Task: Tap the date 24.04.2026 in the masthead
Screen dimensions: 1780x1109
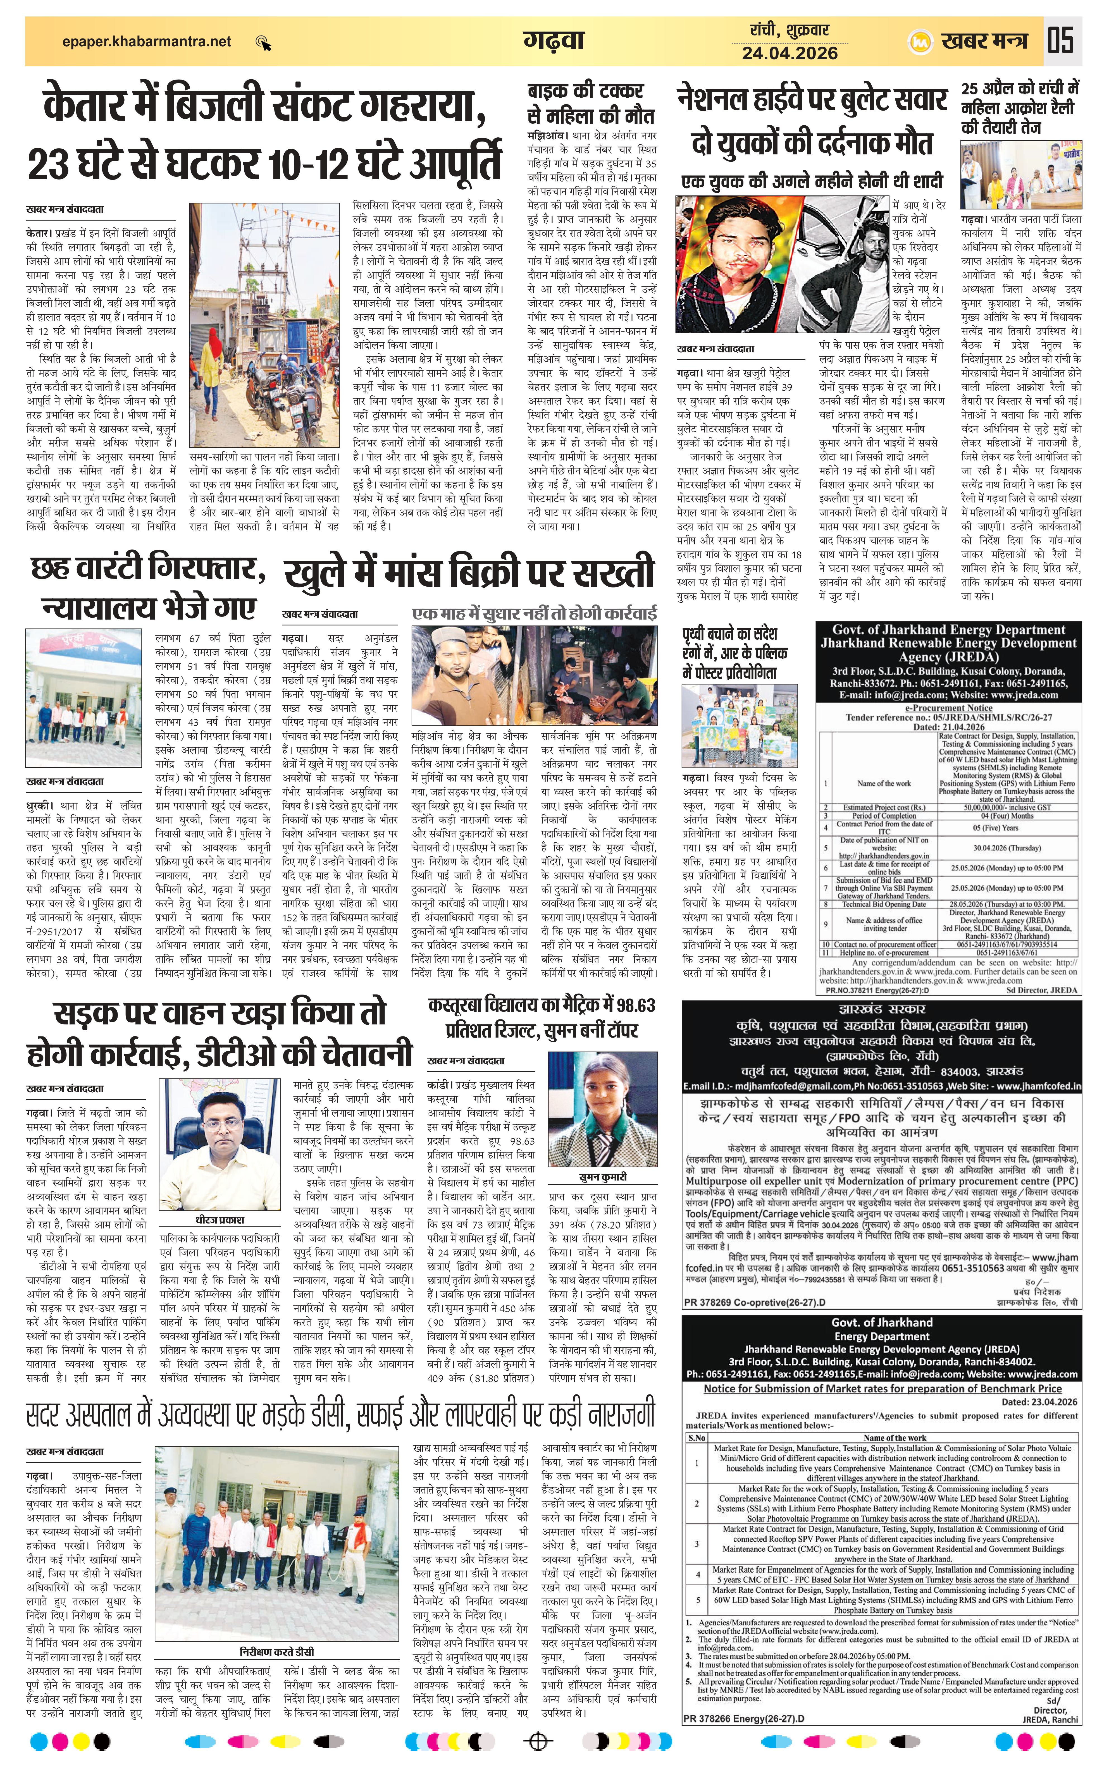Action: (x=789, y=53)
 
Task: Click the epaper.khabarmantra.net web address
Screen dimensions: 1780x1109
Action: (x=147, y=42)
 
